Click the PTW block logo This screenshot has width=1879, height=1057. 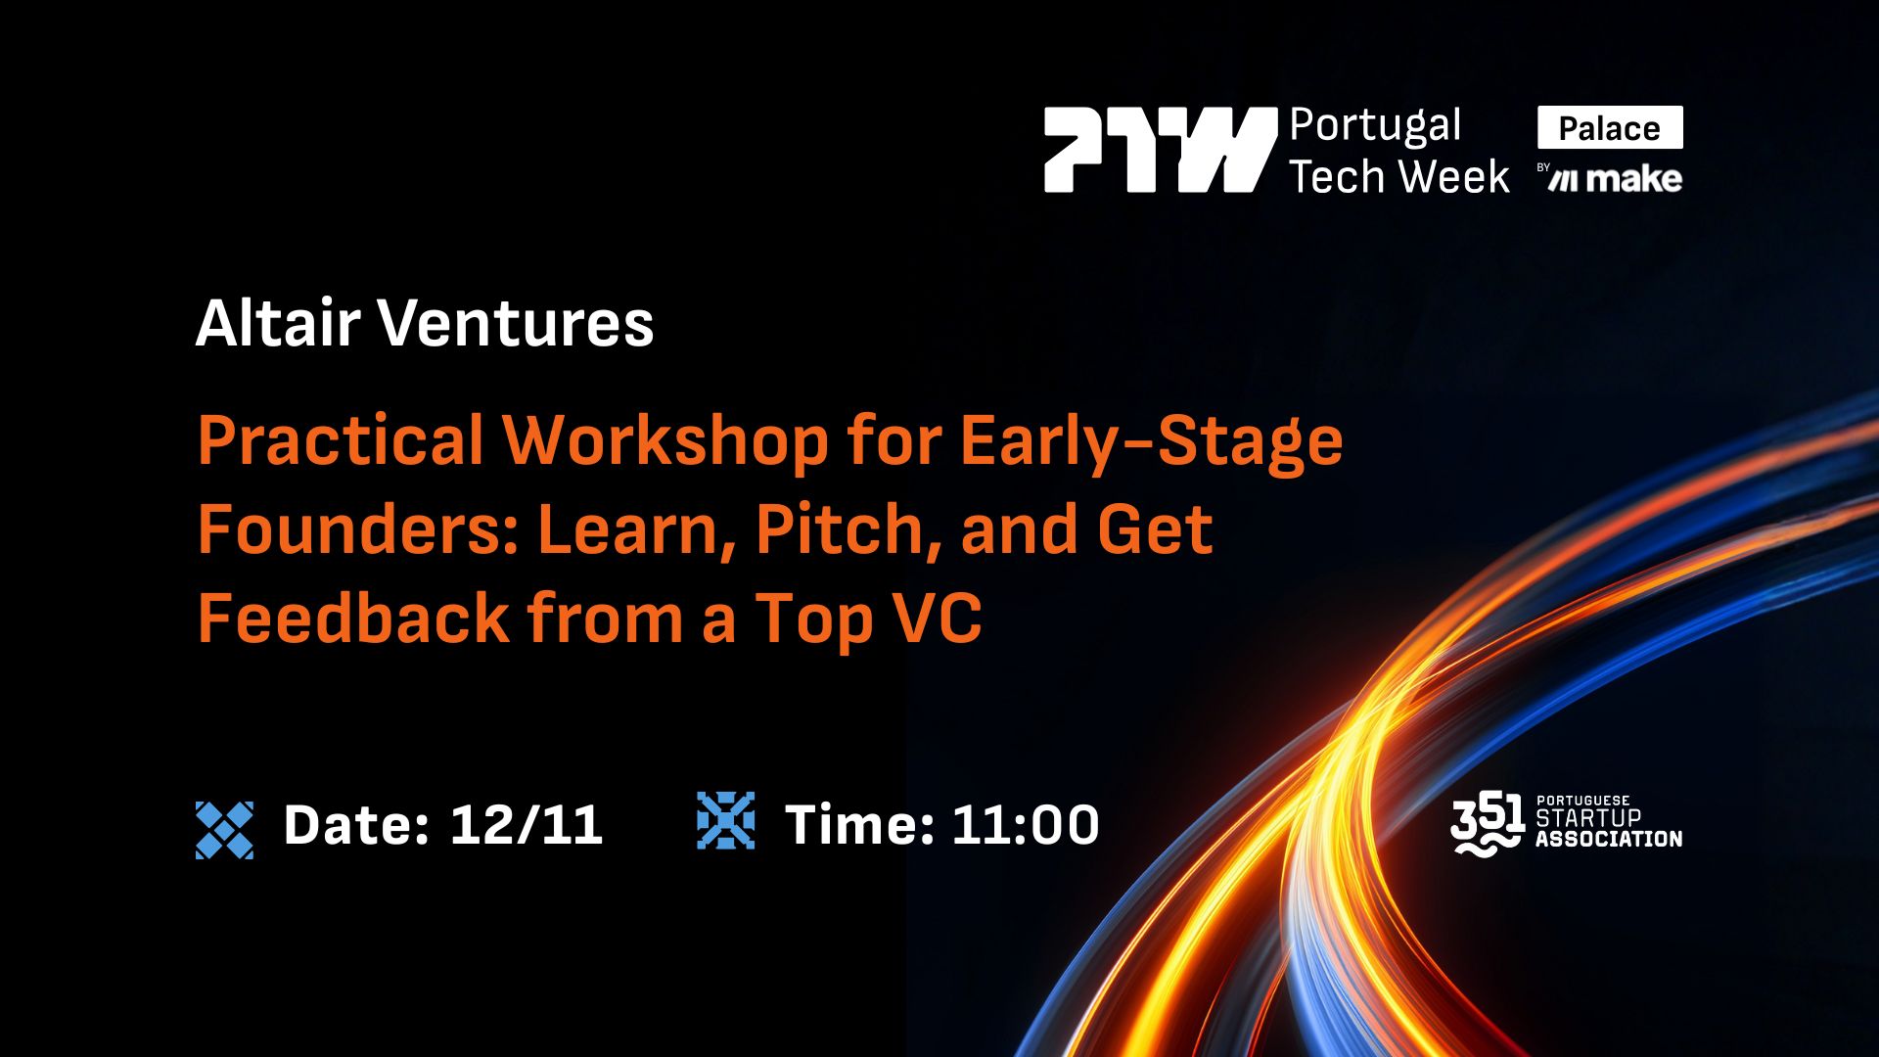tap(1160, 149)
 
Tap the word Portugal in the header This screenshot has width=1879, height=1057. tap(1375, 126)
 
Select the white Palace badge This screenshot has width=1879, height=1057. tap(1610, 128)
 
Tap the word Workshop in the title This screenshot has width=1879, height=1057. tap(665, 440)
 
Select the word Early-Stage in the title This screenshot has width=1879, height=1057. tap(1151, 440)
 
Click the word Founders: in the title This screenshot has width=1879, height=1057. tap(358, 529)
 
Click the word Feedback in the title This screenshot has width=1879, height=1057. tap(353, 619)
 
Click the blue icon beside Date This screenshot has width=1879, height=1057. tap(224, 830)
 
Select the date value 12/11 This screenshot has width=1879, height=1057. tap(526, 825)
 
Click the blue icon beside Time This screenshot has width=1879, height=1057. tap(725, 820)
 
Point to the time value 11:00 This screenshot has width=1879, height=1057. tap(1025, 825)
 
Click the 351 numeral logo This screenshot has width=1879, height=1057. tap(1487, 824)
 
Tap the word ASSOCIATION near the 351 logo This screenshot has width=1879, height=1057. tap(1609, 839)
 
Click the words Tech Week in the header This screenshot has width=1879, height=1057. tap(1399, 177)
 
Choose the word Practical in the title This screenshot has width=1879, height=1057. tap(341, 440)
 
